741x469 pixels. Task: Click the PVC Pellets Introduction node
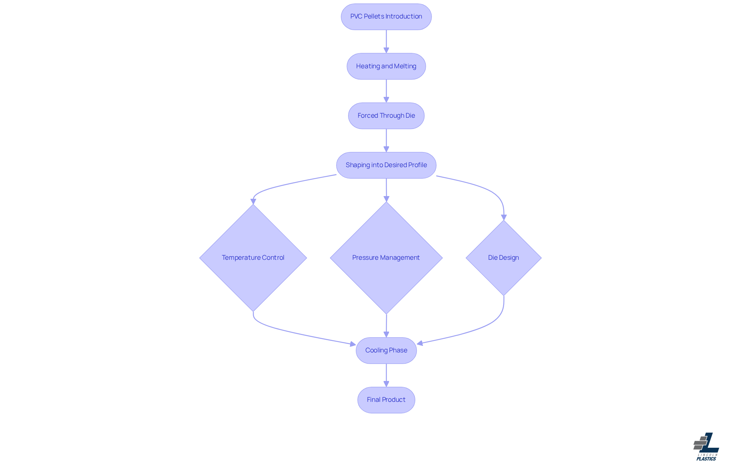[x=386, y=17]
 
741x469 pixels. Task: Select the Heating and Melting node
[x=386, y=66]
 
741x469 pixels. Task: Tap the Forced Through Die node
[x=386, y=115]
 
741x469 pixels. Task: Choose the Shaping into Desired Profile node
[x=386, y=165]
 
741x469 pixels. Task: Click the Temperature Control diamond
[x=253, y=257]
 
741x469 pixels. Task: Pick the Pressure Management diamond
[x=386, y=257]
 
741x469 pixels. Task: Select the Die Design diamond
[x=503, y=257]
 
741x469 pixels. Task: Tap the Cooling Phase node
[x=386, y=350]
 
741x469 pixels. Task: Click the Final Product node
[x=386, y=400]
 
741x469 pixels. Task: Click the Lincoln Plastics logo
[x=706, y=447]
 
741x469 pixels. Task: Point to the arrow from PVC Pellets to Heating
[x=386, y=41]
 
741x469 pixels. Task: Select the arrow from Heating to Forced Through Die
[x=386, y=91]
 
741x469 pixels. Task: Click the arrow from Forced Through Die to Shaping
[x=386, y=140]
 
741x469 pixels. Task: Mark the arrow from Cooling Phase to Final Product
[x=386, y=375]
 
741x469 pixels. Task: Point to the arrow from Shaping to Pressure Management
[x=386, y=190]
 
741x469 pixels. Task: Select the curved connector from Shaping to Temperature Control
[x=286, y=185]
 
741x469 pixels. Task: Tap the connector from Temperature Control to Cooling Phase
[x=293, y=332]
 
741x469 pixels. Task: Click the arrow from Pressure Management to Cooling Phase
[x=386, y=325]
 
